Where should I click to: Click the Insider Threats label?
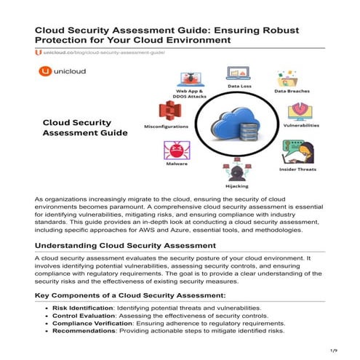coord(298,169)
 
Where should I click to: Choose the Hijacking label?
coord(233,185)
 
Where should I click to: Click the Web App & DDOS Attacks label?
coord(185,97)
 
